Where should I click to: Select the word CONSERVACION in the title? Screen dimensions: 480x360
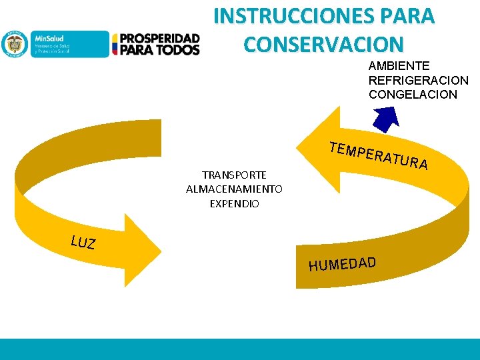click(x=323, y=44)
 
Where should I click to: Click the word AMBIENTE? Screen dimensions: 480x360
click(x=399, y=66)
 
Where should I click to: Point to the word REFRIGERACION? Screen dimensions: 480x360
click(x=418, y=80)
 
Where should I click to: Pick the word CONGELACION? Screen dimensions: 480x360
click(x=413, y=94)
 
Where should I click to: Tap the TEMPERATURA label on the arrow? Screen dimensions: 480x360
click(x=378, y=155)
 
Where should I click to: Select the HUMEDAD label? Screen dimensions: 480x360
click(x=342, y=263)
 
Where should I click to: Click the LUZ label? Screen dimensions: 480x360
click(x=83, y=242)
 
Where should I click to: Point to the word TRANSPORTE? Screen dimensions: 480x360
click(x=234, y=175)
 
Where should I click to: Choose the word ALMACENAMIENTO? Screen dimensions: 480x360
click(x=234, y=189)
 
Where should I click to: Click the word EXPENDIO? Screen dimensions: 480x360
click(x=234, y=203)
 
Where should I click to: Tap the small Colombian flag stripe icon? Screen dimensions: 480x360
click(x=115, y=44)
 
